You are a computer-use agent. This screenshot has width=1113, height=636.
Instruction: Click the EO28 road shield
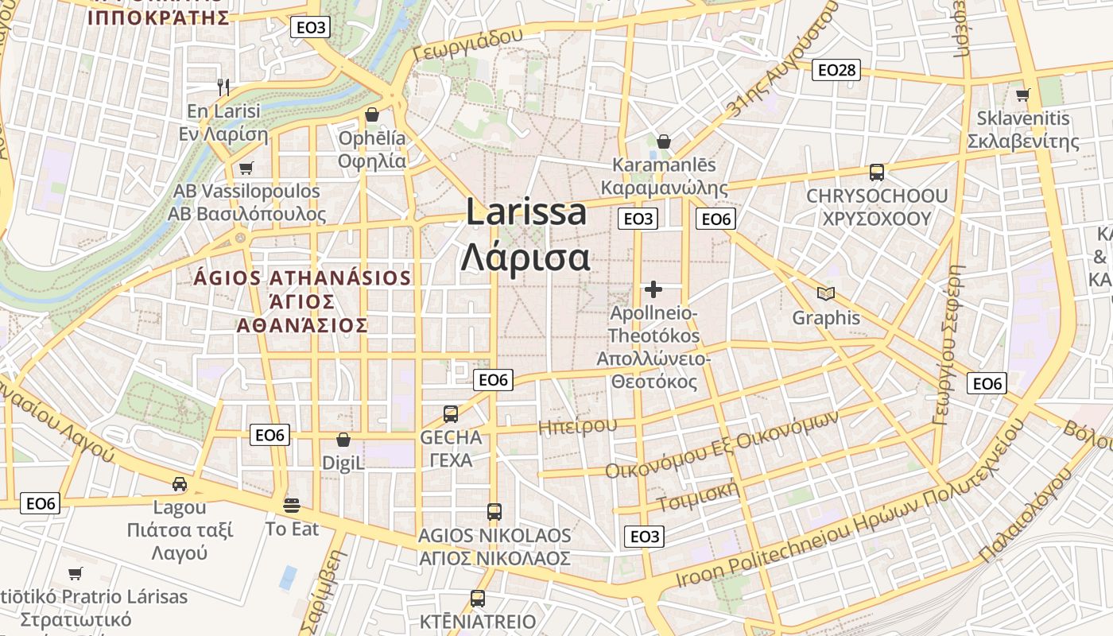(837, 71)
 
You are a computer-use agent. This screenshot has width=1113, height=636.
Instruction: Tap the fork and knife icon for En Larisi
(223, 87)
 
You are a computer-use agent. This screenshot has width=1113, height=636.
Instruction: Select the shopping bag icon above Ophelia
(371, 115)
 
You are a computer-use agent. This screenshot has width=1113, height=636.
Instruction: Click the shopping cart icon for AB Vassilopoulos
(246, 168)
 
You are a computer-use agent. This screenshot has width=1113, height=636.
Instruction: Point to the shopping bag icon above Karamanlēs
(664, 142)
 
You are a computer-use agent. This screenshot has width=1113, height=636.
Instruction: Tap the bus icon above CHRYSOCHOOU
(876, 172)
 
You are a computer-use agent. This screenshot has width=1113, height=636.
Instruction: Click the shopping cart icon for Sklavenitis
(1022, 95)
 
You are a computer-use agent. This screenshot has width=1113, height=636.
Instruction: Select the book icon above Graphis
(826, 294)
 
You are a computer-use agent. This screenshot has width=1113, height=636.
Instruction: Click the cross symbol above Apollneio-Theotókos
(653, 289)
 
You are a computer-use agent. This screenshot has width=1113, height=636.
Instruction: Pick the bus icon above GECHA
(451, 413)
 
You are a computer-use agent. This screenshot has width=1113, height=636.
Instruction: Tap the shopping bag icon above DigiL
(343, 440)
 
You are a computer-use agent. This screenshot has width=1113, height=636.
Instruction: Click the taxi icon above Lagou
(180, 483)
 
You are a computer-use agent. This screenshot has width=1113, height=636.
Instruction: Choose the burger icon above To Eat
(292, 505)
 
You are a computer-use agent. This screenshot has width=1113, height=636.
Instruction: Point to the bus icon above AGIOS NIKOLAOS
(494, 511)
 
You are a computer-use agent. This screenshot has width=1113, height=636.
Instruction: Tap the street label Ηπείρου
(577, 426)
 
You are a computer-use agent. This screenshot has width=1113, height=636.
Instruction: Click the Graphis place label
(826, 318)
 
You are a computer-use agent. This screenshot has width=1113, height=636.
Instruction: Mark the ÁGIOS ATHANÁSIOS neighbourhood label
(302, 278)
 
